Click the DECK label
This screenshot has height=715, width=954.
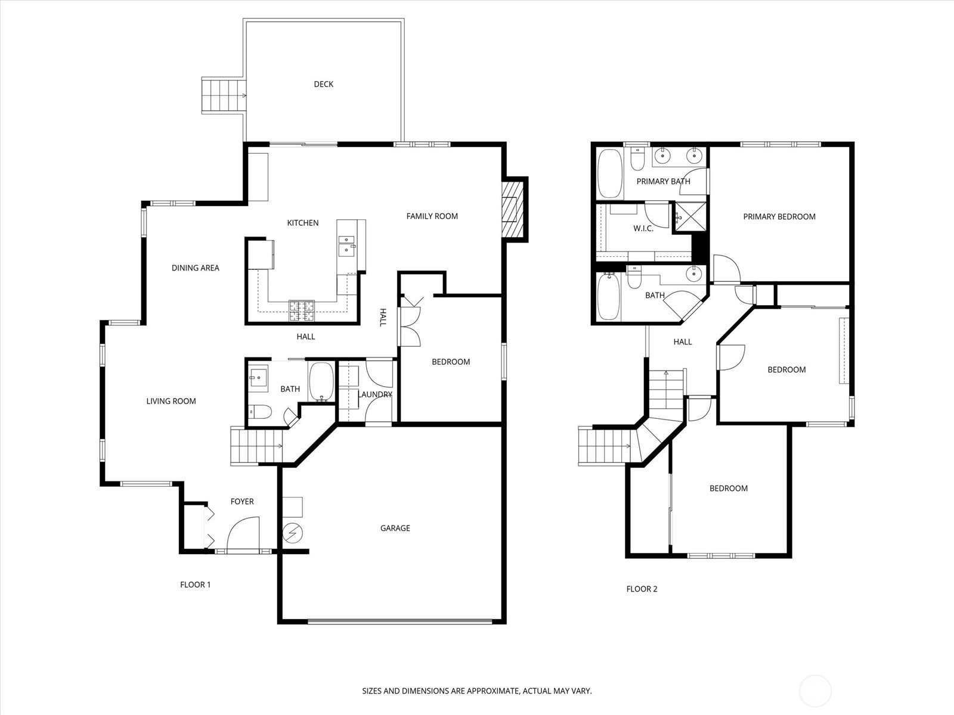pos(323,84)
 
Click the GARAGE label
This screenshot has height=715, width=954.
pos(395,528)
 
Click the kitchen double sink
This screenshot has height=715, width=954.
pos(346,245)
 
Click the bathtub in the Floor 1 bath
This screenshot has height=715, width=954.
pos(322,381)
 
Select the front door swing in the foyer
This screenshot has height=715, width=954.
pos(243,533)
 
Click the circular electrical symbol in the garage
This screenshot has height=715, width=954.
pos(292,533)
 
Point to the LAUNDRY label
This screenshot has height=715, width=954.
pos(375,394)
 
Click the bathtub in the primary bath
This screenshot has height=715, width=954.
pos(609,173)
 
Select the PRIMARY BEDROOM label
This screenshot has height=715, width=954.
pos(779,217)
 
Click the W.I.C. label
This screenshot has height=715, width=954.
pos(643,229)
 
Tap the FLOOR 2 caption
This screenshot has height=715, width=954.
pos(642,589)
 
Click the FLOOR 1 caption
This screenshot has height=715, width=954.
pos(195,585)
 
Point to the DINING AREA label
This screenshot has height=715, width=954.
pos(195,268)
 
